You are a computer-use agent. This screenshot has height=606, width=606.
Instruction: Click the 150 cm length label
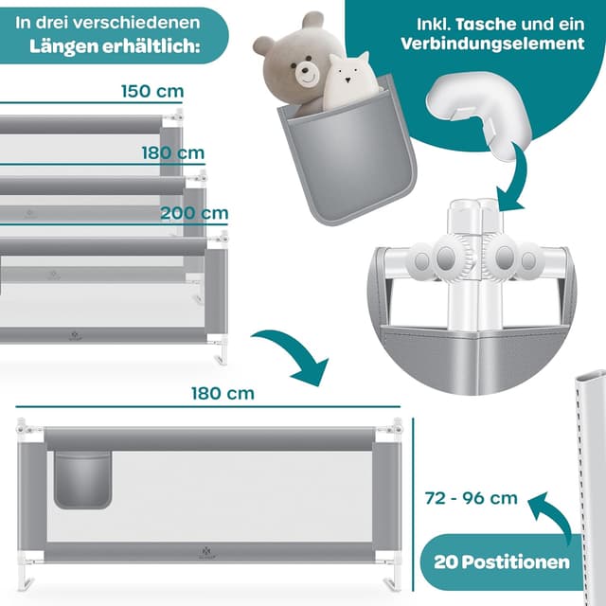click(151, 92)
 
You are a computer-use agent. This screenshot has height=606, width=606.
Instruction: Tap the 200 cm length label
click(194, 213)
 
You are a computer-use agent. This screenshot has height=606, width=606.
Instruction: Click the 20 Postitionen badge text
click(503, 561)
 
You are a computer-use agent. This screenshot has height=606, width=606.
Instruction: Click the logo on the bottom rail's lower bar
click(207, 549)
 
